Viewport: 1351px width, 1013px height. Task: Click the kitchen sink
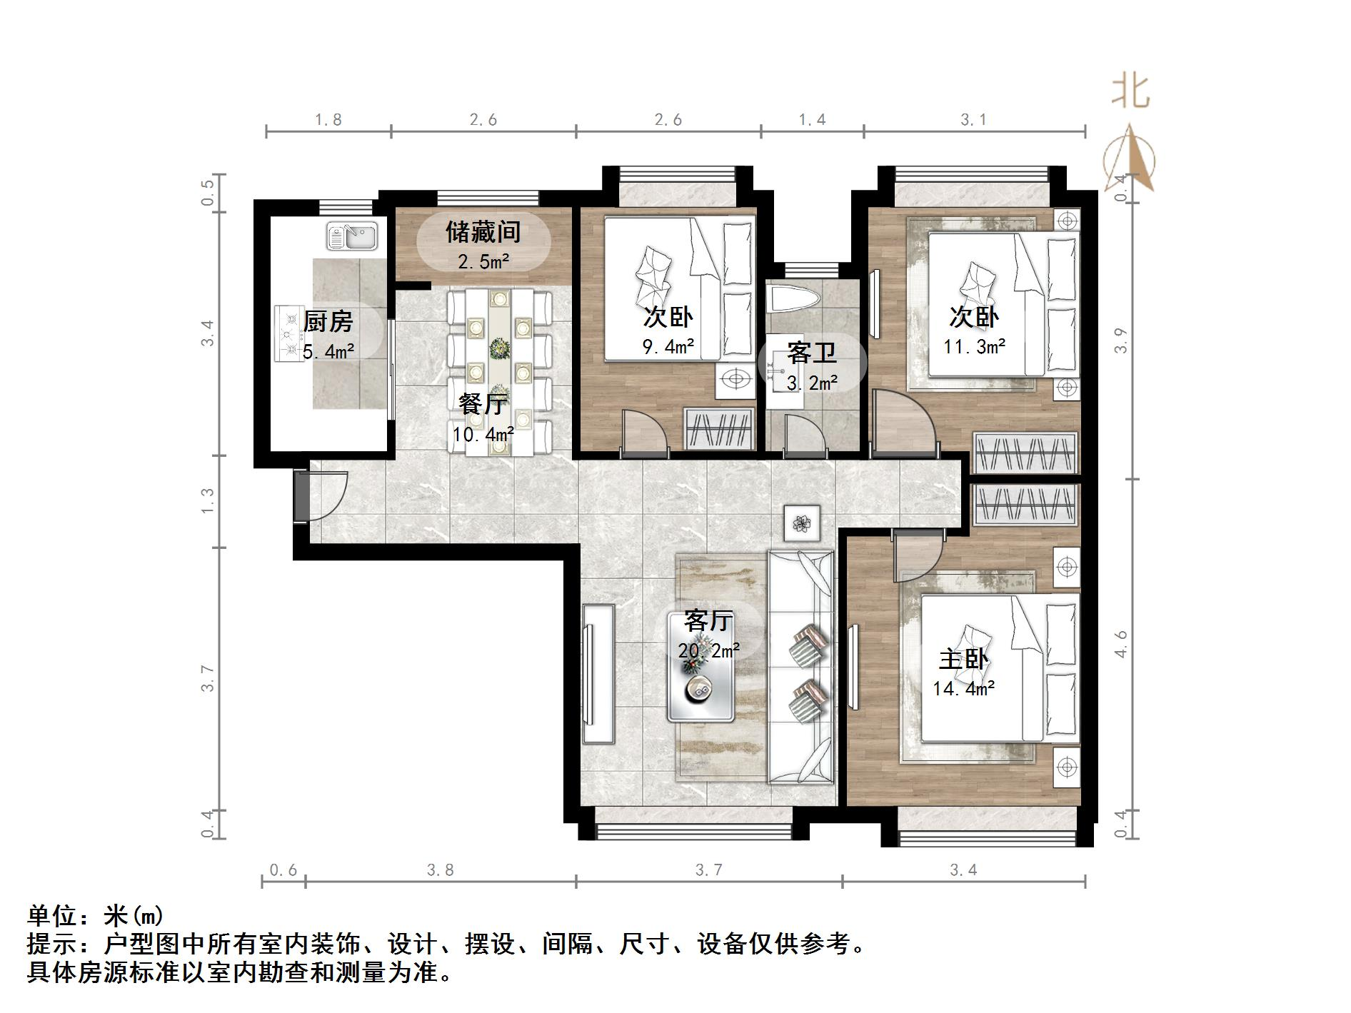pos(352,236)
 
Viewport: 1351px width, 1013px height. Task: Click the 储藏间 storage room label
pos(483,232)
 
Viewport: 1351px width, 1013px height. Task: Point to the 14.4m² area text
pos(964,689)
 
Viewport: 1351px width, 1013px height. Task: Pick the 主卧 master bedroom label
pos(963,659)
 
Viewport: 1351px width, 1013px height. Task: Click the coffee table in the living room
pos(701,665)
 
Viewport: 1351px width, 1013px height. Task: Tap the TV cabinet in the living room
pos(598,674)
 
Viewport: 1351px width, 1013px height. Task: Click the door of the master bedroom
pos(915,550)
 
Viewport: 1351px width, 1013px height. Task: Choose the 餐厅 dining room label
pos(483,405)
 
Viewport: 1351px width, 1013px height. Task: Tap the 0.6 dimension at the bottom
pos(283,870)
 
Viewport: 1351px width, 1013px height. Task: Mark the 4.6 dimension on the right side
pos(1121,644)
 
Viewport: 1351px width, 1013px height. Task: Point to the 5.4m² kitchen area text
pos(329,351)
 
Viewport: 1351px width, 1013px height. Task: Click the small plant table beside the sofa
pos(802,523)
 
